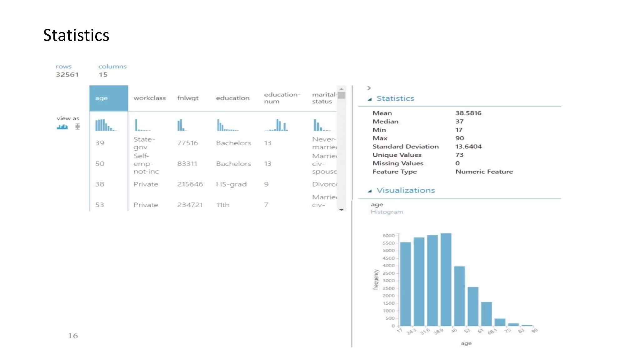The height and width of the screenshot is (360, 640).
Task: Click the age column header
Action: (108, 98)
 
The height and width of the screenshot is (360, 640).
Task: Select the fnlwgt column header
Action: (187, 98)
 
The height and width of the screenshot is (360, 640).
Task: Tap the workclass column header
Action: (150, 98)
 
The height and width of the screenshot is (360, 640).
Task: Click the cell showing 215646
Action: (190, 184)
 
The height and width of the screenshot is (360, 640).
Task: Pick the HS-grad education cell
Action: (231, 184)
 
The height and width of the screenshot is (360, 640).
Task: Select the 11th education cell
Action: (223, 205)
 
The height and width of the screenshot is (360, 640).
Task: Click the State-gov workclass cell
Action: (144, 143)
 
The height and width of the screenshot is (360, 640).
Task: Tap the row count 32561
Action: (67, 75)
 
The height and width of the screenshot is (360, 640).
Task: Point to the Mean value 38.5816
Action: (468, 113)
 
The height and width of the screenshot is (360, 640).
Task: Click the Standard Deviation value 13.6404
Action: (468, 147)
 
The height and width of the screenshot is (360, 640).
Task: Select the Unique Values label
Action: (397, 155)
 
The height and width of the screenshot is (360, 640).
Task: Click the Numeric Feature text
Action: (484, 172)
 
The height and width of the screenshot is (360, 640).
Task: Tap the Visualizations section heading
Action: (405, 190)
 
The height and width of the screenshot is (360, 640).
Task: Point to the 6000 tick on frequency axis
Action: (388, 236)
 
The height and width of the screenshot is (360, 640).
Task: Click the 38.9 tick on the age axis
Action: (438, 331)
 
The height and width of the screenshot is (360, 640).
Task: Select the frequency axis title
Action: (376, 279)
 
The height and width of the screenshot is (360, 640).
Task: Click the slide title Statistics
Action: (76, 35)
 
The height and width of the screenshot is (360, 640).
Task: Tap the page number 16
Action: (73, 336)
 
